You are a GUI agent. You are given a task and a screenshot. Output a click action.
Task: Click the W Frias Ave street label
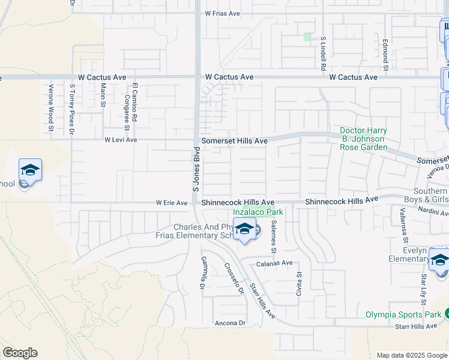[x=226, y=13]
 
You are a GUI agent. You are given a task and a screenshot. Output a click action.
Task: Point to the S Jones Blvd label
[x=195, y=170]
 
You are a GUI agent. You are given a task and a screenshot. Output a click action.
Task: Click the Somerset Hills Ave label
[x=234, y=140]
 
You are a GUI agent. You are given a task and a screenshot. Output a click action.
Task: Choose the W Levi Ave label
[x=121, y=140]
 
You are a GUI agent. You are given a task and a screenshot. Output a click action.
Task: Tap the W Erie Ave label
[x=172, y=203]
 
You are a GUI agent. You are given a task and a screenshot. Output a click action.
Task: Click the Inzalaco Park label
[x=258, y=212]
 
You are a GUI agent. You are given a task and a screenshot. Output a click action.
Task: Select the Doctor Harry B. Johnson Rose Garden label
[x=363, y=139]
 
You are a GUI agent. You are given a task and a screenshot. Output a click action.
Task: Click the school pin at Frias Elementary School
[x=244, y=230]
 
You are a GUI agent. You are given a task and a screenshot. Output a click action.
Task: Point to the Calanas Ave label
[x=276, y=263]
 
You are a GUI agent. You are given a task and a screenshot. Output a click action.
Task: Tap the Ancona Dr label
[x=231, y=323]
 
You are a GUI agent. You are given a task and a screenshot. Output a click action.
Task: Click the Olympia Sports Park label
[x=403, y=314]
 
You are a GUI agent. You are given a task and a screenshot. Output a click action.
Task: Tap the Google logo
[x=20, y=353]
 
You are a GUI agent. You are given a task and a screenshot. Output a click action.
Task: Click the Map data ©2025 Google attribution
[x=411, y=355]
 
